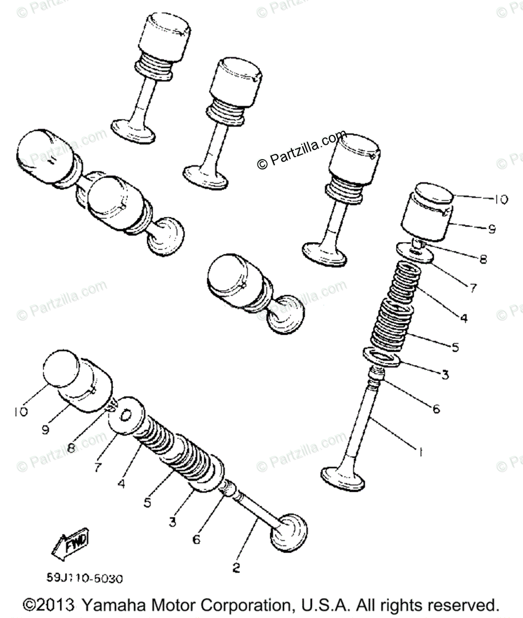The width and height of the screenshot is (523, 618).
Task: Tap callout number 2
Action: coord(236,568)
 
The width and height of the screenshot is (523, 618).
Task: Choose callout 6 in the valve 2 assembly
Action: coord(196,540)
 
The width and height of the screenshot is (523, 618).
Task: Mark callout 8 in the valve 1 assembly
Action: coord(482,260)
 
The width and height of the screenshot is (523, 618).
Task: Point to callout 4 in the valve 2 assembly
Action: coord(121,484)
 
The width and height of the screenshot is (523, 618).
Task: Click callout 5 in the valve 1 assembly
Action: coord(454,348)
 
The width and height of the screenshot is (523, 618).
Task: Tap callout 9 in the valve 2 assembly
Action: coord(45,428)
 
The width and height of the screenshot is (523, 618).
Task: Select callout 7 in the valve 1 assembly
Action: coord(473,288)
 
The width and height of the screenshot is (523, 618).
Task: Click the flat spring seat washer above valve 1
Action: coord(382,357)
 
